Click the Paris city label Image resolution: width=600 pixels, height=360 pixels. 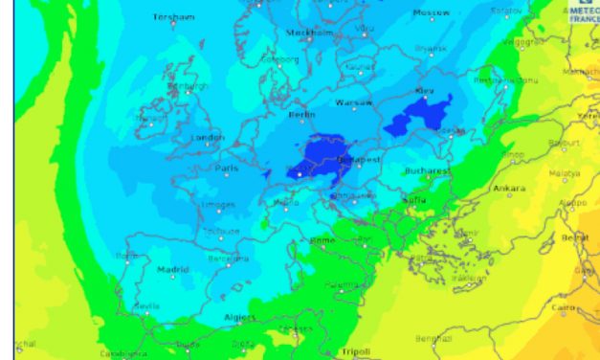coord(227,169)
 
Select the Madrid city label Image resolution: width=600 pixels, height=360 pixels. coord(173,270)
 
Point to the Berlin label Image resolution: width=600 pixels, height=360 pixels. coord(301,115)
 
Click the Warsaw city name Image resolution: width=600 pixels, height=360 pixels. coord(353,102)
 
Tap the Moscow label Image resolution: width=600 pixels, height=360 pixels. coord(431,13)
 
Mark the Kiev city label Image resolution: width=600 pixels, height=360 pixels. coord(424,91)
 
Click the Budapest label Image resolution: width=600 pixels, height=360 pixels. coord(360,160)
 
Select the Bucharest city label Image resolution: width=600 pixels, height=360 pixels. coord(426,171)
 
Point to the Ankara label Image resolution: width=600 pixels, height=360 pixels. coord(509,189)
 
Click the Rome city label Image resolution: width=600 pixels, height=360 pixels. coord(322,240)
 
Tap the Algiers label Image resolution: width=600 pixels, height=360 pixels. coord(240,317)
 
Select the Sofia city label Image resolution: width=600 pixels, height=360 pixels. coord(415,201)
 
